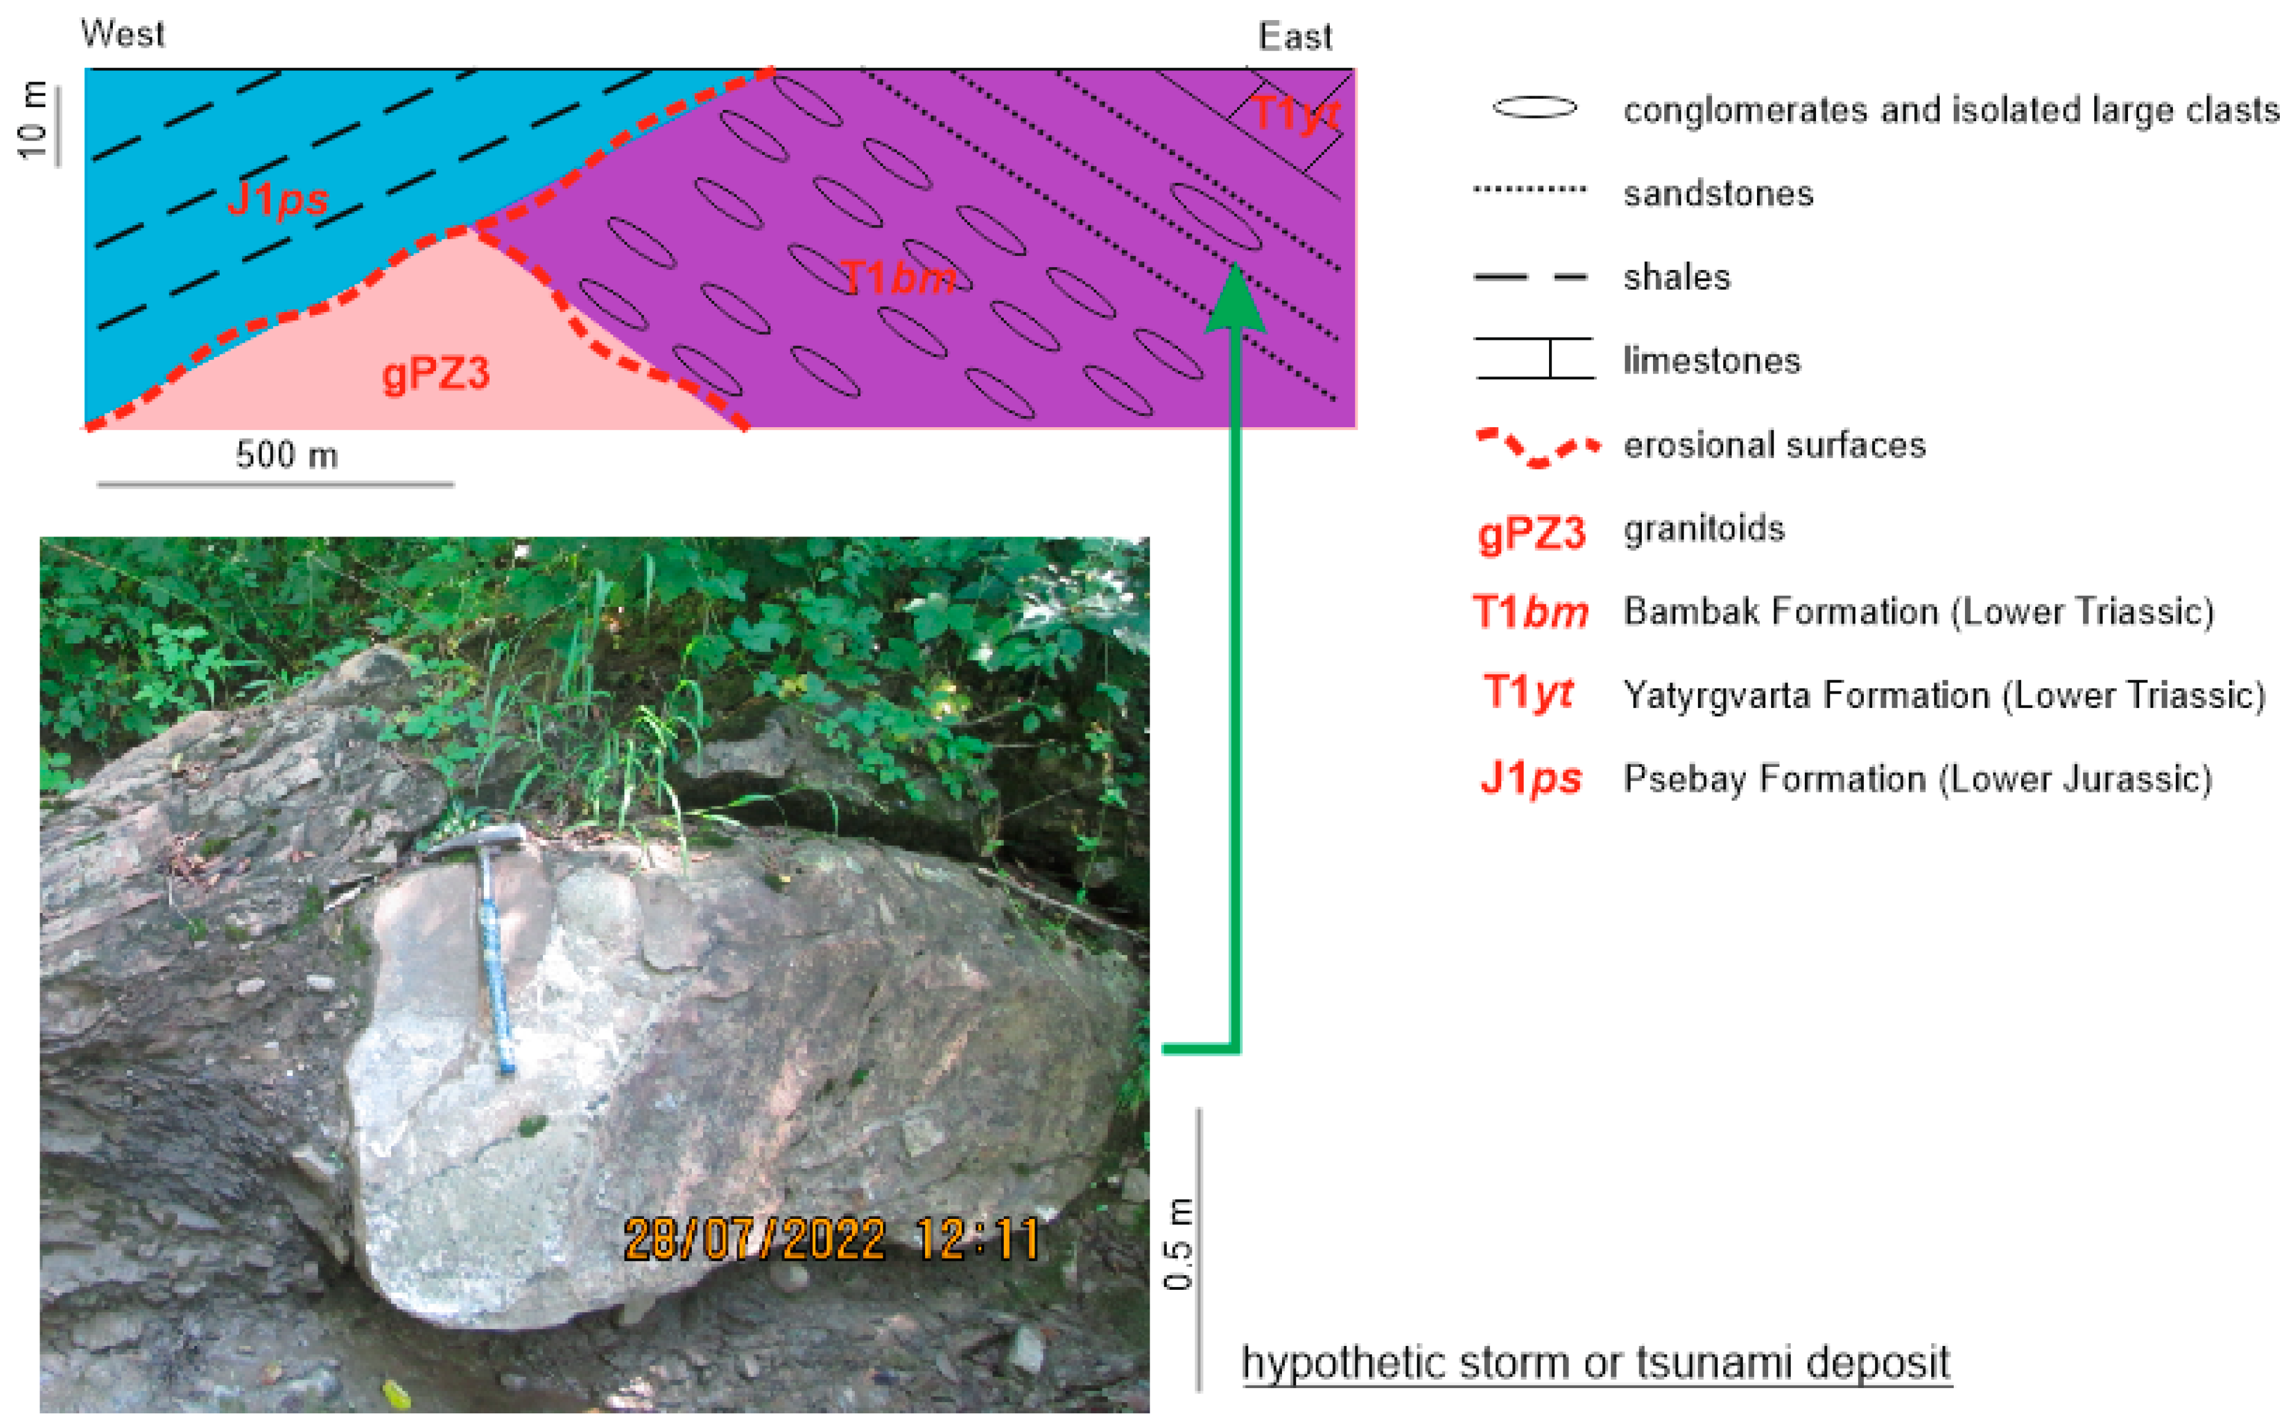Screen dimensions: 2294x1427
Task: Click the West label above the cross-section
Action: click(123, 34)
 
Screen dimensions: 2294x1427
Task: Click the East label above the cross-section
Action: click(1296, 37)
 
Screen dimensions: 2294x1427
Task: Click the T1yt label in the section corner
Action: click(1297, 114)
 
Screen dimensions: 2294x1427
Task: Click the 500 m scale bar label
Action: click(287, 455)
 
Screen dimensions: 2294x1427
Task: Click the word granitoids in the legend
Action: click(1704, 528)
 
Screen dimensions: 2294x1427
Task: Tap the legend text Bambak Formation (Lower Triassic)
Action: click(1918, 612)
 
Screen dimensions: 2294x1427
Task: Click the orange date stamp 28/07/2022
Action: click(755, 1239)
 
